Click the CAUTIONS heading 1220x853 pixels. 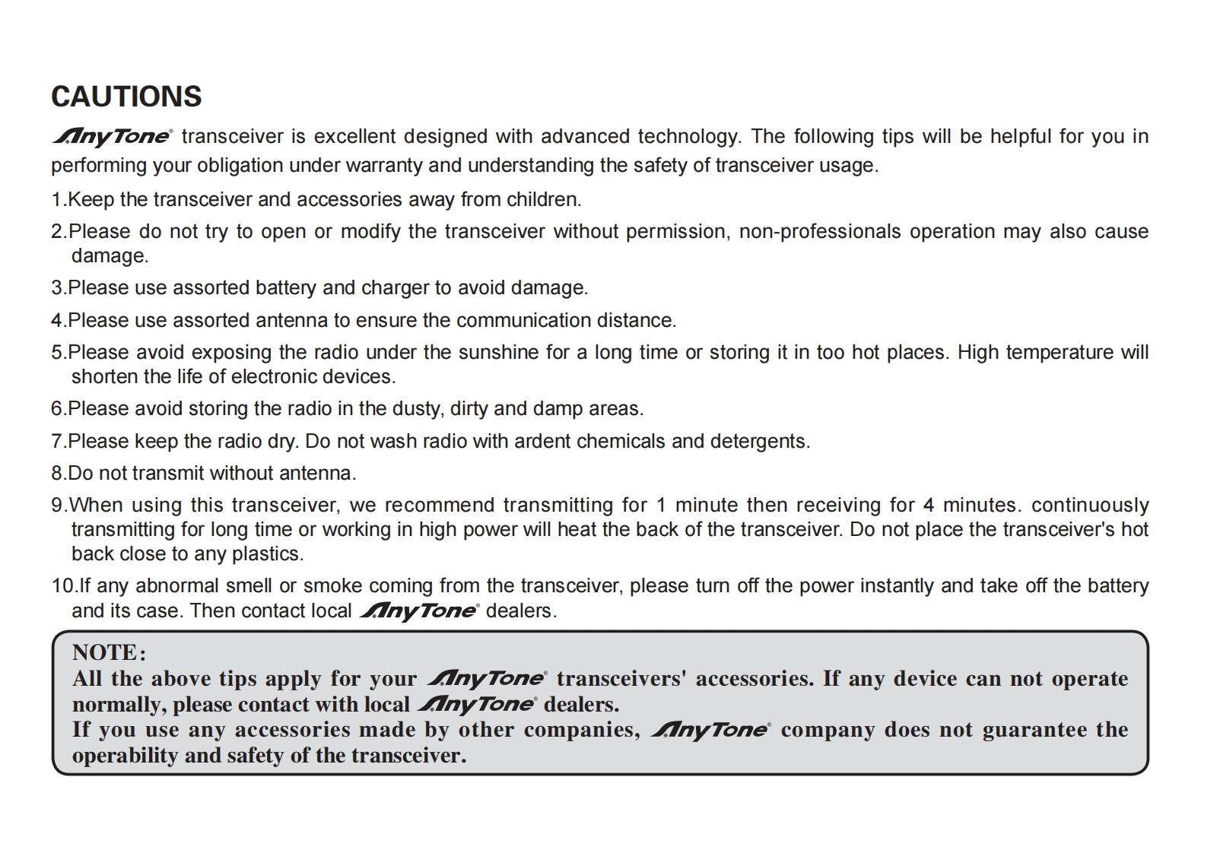pos(126,97)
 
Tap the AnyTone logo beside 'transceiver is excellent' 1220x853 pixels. pos(113,137)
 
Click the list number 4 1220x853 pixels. pos(58,320)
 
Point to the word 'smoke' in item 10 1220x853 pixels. pos(332,585)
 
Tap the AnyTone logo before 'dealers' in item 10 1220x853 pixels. pos(418,611)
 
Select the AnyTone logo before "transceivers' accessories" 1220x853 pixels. pos(487,679)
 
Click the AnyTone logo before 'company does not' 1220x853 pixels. pos(710,730)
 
